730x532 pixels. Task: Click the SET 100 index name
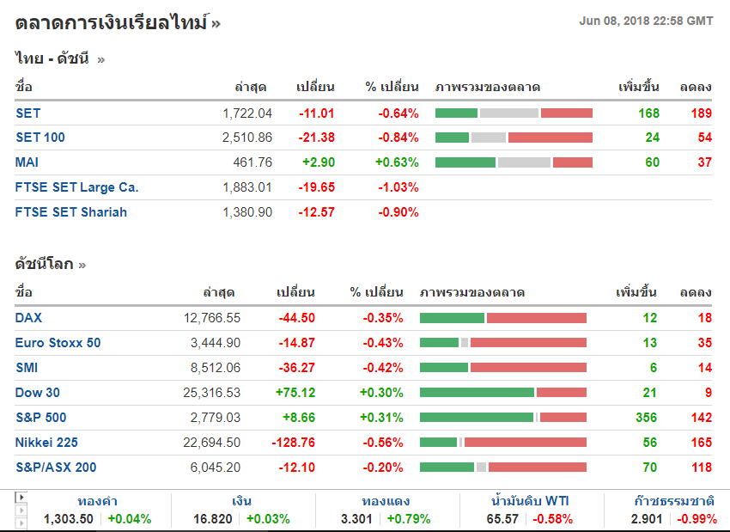pyautogui.click(x=40, y=138)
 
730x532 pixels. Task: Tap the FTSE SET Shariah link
pyautogui.click(x=71, y=212)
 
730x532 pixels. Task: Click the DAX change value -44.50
pyautogui.click(x=296, y=318)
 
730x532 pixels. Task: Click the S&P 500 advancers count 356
pyautogui.click(x=646, y=418)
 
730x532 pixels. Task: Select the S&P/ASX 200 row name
pyautogui.click(x=56, y=468)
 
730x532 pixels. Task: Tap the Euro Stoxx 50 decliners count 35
pyautogui.click(x=703, y=343)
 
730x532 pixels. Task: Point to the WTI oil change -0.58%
pyautogui.click(x=553, y=519)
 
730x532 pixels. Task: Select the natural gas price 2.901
pyautogui.click(x=647, y=519)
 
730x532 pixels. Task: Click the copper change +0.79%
pyautogui.click(x=409, y=519)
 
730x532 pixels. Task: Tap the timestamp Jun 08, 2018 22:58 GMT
pyautogui.click(x=646, y=21)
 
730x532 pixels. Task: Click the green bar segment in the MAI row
pyautogui.click(x=465, y=162)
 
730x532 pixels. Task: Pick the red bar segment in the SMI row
pyautogui.click(x=528, y=368)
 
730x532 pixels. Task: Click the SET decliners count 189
pyautogui.click(x=701, y=113)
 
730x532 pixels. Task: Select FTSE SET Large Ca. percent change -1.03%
pyautogui.click(x=398, y=187)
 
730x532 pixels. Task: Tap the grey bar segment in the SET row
pyautogui.click(x=508, y=113)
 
